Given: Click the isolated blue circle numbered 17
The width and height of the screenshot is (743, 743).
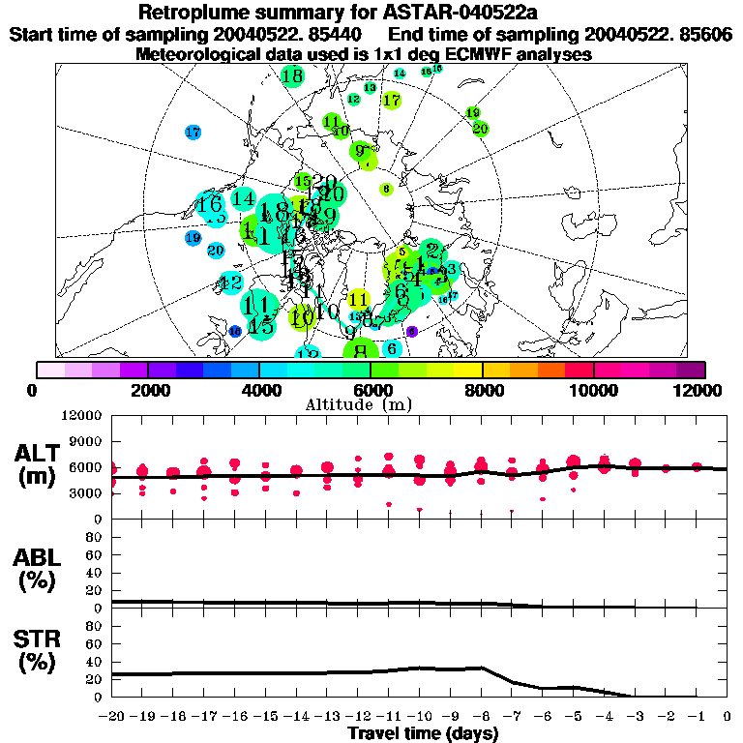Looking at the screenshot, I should pos(193,132).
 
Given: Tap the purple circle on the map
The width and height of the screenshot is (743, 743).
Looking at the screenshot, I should pos(411,331).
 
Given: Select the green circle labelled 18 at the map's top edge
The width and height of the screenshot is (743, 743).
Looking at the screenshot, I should pos(292,75).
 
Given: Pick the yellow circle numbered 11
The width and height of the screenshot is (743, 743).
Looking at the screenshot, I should pos(359,299).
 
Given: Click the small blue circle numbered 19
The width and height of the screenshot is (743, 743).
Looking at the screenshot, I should pos(193,237).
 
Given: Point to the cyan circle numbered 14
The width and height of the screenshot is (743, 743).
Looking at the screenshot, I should pos(243,199).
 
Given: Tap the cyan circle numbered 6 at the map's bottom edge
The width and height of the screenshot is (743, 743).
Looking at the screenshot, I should pos(392,348).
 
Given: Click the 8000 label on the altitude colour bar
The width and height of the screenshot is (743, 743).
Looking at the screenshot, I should pos(482,389).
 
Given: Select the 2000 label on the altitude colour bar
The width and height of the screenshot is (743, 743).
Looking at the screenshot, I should pos(147,389).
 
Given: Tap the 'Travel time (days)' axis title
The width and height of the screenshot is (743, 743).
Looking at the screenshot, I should pos(423,733).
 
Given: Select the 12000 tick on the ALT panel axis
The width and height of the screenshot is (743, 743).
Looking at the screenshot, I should pos(84,415).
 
